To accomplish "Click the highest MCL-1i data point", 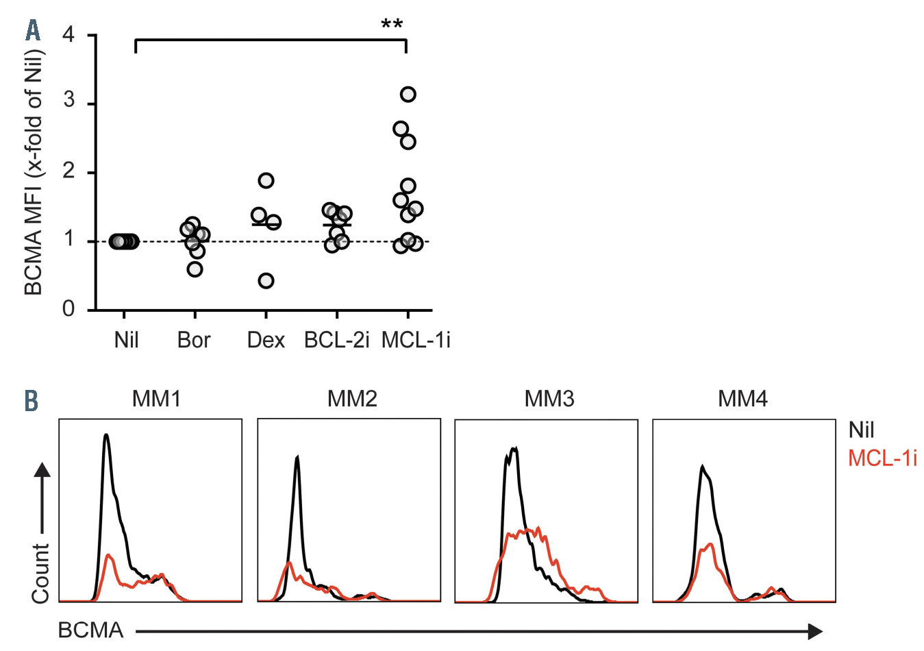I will (408, 95).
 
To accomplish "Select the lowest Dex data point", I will (266, 281).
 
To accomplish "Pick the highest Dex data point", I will (266, 181).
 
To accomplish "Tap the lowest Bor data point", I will (195, 269).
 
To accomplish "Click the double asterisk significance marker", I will (392, 25).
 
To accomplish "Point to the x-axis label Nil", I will (126, 340).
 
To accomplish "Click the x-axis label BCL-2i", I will (336, 340).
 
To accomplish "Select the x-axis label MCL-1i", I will (416, 340).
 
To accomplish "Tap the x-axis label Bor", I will (194, 340).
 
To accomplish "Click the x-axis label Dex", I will (266, 340).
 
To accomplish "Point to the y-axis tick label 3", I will (68, 101).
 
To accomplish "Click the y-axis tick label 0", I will (68, 309).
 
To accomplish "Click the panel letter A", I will (33, 30).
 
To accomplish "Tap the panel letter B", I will (32, 401).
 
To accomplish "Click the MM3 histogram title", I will (549, 399).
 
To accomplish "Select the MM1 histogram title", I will (156, 399).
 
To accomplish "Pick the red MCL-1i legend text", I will (882, 458).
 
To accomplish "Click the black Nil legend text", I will (861, 430).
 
